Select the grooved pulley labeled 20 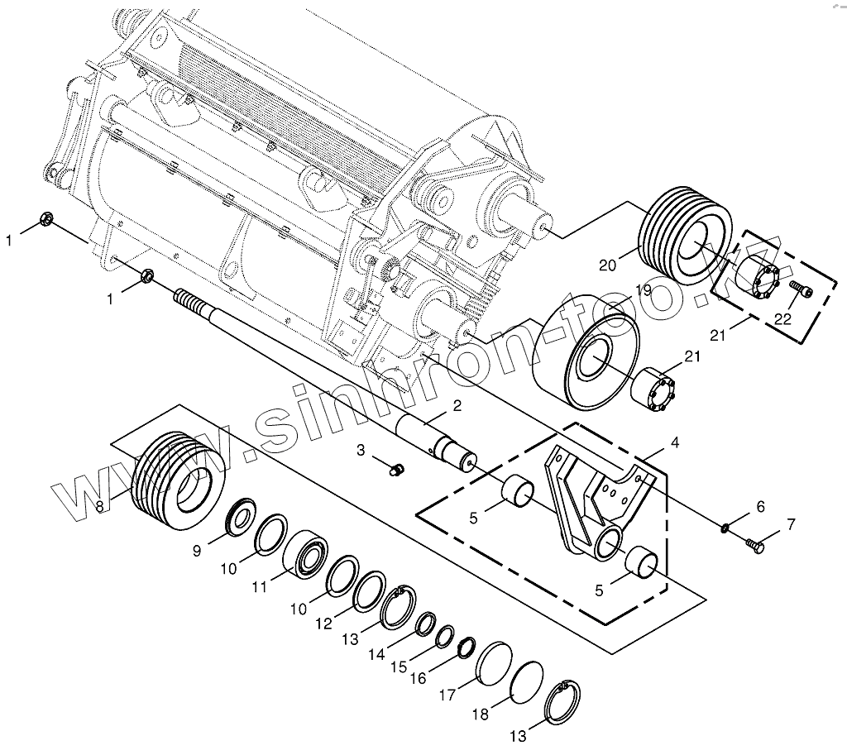[x=684, y=237]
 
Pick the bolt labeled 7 [x=755, y=545]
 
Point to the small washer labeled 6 [x=725, y=527]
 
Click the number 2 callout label [x=456, y=405]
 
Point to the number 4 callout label [x=676, y=443]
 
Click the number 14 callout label [x=376, y=654]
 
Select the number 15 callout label [x=399, y=667]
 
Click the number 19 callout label [x=644, y=290]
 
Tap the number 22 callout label [x=783, y=318]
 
